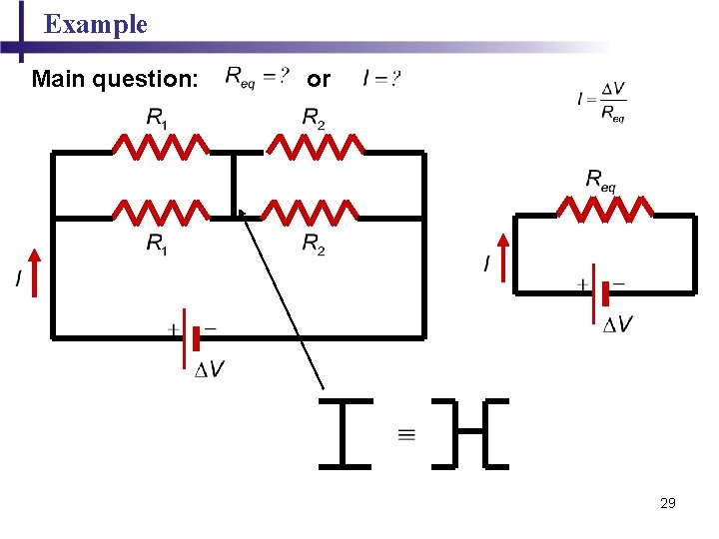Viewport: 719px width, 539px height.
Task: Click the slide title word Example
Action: (96, 25)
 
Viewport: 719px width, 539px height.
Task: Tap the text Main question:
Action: (115, 78)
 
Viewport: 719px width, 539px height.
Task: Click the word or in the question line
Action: (319, 78)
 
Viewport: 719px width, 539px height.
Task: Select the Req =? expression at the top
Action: (258, 77)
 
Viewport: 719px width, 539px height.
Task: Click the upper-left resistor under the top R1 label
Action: (161, 149)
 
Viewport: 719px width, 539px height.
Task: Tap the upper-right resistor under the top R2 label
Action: (316, 149)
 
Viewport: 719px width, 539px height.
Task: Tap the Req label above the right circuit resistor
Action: (601, 180)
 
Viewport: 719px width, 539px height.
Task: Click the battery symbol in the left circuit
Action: (192, 337)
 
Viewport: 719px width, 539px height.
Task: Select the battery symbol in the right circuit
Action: (601, 292)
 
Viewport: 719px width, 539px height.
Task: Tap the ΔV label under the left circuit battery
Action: (209, 371)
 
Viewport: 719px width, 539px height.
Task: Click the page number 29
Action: (668, 503)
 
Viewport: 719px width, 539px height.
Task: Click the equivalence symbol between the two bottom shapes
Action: (406, 434)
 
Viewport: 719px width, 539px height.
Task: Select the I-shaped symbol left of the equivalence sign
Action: (344, 433)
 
